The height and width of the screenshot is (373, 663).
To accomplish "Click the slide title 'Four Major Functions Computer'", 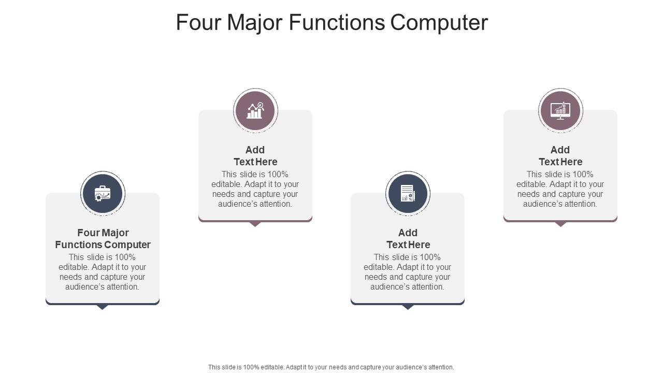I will (x=331, y=23).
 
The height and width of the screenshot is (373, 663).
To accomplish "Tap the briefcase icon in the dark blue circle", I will (x=103, y=194).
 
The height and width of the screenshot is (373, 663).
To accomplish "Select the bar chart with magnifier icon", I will (x=255, y=111).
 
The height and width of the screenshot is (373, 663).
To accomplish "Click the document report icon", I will (x=408, y=194).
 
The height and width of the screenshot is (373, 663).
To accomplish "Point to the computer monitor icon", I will (x=560, y=111).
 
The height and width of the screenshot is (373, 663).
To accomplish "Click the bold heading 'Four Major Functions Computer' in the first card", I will (x=103, y=239).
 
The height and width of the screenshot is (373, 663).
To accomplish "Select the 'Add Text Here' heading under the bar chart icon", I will (x=255, y=156).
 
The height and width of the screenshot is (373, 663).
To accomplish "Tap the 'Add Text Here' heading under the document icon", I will (x=408, y=239).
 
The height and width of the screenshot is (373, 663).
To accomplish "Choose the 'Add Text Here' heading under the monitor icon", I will (x=560, y=156).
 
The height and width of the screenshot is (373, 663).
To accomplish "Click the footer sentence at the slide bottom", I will (x=331, y=367).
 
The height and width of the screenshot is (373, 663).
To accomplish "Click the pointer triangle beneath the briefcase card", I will (x=103, y=307).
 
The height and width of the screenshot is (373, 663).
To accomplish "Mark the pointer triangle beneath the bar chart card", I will (x=255, y=224).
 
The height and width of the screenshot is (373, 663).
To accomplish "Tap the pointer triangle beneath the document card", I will (x=408, y=307).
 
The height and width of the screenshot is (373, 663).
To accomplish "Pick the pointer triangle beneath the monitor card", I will (x=560, y=224).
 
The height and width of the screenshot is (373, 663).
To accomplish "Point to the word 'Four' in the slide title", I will (x=197, y=23).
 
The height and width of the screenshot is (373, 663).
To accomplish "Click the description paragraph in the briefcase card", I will (x=103, y=272).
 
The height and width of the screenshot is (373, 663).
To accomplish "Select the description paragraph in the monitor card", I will (x=560, y=189).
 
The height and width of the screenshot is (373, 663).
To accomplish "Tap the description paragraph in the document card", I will (x=408, y=272).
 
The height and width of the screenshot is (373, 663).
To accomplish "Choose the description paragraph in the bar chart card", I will (x=255, y=189).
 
